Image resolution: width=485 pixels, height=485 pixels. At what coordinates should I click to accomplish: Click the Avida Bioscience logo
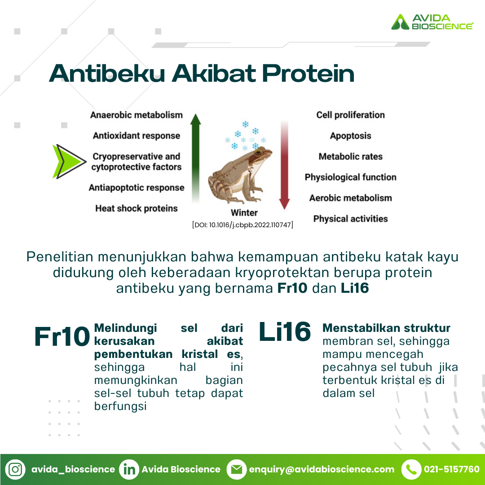[432, 22]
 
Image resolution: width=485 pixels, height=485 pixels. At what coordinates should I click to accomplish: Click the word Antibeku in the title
[107, 73]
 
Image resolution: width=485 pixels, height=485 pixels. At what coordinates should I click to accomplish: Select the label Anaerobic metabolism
[137, 115]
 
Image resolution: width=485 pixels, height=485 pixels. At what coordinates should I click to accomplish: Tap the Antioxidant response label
[137, 136]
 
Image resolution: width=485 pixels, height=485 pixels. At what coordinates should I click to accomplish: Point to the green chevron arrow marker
[69, 162]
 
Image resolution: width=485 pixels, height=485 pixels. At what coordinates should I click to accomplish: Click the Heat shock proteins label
[137, 208]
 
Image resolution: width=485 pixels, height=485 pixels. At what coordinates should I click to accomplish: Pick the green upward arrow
[195, 158]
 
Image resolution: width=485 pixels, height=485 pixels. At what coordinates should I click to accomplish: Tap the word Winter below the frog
[244, 213]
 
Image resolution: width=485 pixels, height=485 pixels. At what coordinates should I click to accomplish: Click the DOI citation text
[242, 225]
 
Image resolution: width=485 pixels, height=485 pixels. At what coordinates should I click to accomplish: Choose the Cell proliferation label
[350, 115]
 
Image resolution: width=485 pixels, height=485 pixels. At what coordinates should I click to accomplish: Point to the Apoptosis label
[350, 136]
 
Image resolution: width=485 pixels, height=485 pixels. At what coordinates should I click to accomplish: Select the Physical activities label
[350, 219]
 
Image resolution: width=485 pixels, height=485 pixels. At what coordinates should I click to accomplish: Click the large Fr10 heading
[62, 336]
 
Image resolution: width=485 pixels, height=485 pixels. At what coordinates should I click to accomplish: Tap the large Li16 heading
[285, 331]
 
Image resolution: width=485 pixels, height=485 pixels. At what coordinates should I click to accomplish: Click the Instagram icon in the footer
[15, 470]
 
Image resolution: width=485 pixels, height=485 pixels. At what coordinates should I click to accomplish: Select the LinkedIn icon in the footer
[129, 470]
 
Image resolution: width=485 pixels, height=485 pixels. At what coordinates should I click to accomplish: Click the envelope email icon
[237, 470]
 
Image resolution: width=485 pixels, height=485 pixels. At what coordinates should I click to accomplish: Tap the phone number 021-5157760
[452, 470]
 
